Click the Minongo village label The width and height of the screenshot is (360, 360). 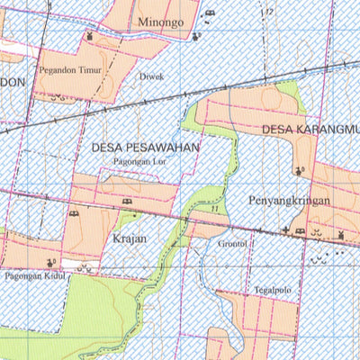tap(161, 20)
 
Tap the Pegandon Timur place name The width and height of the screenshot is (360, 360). tap(69, 67)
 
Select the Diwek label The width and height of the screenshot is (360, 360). tap(151, 77)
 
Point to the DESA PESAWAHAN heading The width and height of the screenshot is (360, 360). tap(144, 144)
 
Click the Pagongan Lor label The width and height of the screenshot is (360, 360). tap(140, 159)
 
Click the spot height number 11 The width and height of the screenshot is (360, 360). tap(214, 209)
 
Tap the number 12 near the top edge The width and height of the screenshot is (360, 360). tap(268, 11)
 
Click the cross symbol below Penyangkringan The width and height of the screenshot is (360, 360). tap(286, 230)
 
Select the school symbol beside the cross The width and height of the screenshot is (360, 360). tap(300, 231)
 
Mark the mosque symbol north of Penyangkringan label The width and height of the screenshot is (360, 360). tap(299, 169)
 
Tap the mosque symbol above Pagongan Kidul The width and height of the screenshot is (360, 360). tap(49, 262)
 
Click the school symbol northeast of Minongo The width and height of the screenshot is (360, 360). tap(211, 13)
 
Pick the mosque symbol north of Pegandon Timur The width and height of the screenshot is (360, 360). tap(90, 35)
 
